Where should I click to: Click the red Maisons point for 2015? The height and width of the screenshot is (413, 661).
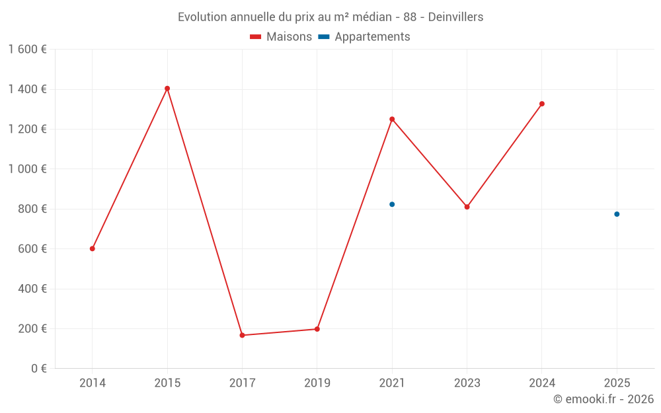167,89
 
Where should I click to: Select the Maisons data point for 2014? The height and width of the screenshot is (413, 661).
93,248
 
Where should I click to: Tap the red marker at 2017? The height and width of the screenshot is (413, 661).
242,335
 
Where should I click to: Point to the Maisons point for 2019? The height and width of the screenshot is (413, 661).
317,329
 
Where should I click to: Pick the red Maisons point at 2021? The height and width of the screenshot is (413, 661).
392,119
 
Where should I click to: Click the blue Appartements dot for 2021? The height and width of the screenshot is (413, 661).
392,204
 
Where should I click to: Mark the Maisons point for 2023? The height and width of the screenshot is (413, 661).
467,207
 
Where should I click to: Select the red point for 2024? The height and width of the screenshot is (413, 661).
542,104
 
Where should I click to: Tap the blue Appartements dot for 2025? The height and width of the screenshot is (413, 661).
617,214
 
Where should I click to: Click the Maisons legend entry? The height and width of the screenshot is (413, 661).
281,37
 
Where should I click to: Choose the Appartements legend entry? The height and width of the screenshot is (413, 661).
364,37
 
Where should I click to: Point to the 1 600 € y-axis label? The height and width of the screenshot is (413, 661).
27,50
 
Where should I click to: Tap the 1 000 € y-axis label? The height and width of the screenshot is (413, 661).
27,169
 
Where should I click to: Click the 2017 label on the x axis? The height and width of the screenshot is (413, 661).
242,383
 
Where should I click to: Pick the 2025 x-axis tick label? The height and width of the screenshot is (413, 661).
617,383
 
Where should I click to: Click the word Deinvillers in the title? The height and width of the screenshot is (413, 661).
455,17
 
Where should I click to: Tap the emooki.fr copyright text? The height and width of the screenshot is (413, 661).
603,399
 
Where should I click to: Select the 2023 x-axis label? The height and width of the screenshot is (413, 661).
467,383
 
